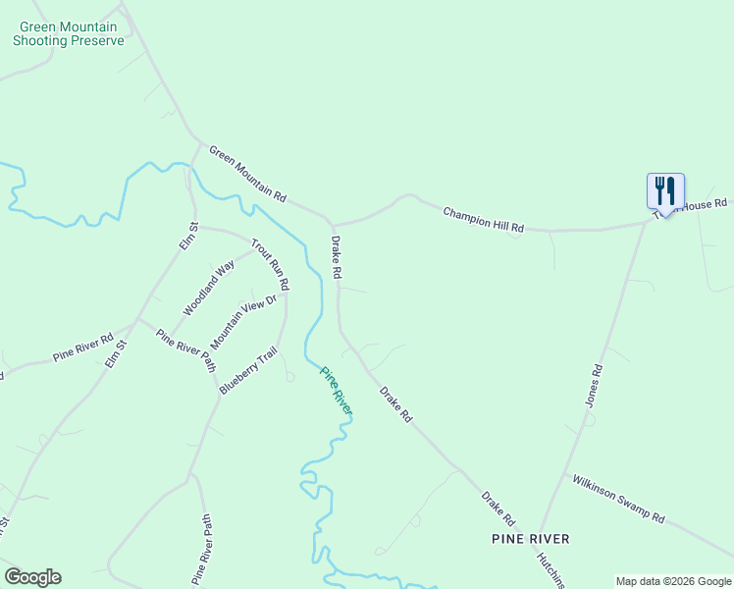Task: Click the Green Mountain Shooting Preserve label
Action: [69, 34]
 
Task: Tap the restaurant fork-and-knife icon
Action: [665, 188]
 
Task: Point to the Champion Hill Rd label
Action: [483, 219]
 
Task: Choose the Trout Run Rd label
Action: [270, 264]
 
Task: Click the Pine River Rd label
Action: [83, 348]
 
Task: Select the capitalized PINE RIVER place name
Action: [530, 539]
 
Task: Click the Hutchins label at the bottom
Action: [550, 569]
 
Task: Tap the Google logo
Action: [32, 576]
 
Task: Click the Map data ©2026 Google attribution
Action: [673, 581]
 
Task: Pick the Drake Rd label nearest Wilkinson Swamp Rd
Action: [498, 507]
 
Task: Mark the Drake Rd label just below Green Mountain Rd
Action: [336, 257]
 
